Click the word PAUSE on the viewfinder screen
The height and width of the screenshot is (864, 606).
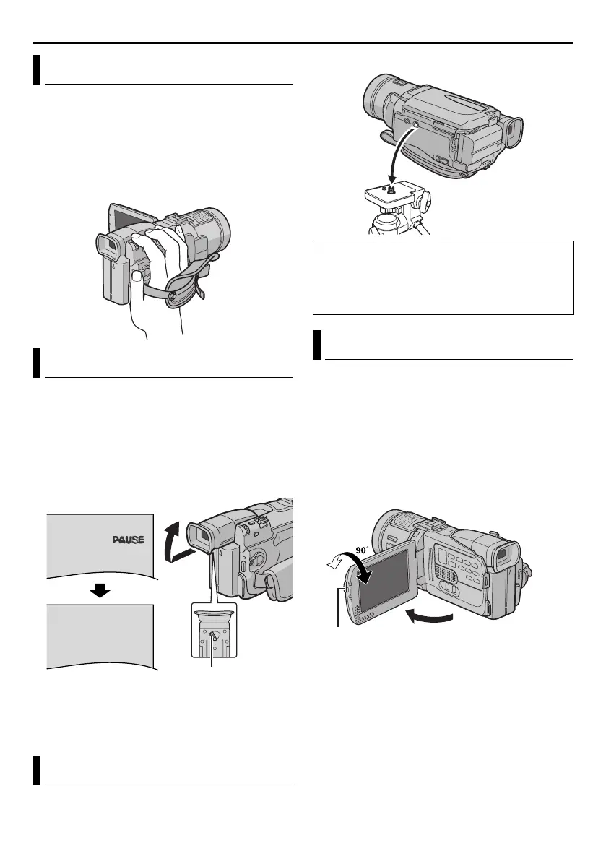129,540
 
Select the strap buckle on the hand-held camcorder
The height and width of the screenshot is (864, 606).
174,295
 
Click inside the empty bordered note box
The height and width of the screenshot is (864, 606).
443,277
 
